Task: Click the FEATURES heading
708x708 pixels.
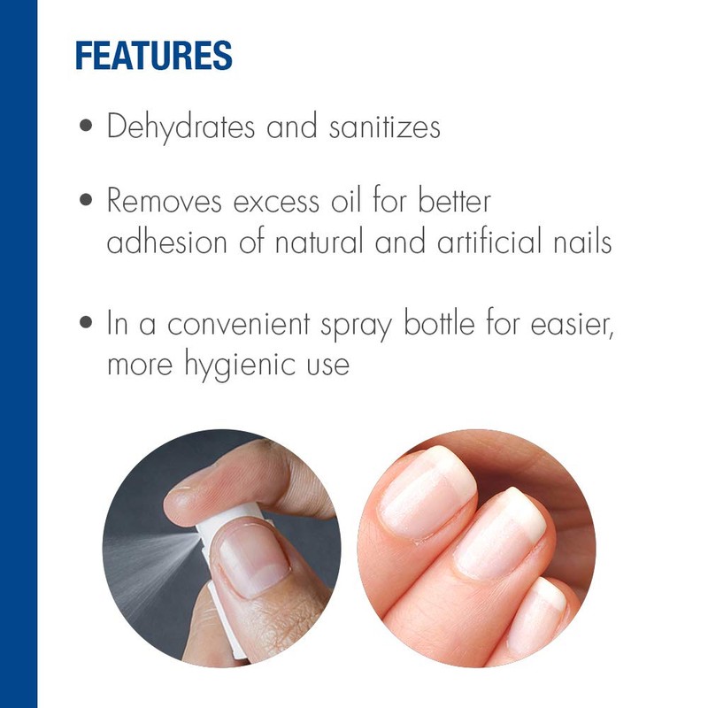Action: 153,55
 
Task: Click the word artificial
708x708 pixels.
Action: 491,242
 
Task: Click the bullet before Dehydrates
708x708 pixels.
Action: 86,127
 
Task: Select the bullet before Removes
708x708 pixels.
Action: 86,201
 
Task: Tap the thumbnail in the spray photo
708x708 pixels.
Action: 252,562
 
